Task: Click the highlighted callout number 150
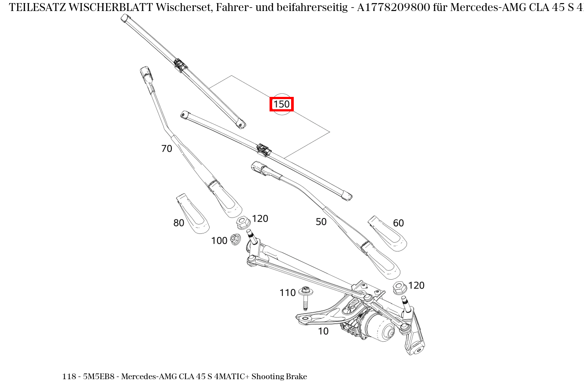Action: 281,104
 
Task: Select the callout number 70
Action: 166,149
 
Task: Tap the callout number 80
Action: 178,223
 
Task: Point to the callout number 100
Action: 219,241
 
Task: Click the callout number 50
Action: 321,222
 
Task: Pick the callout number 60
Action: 398,223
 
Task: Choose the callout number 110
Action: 287,293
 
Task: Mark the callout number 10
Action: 323,332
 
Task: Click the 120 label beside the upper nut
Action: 260,219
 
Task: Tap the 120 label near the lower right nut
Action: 416,285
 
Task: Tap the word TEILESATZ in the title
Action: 37,7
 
